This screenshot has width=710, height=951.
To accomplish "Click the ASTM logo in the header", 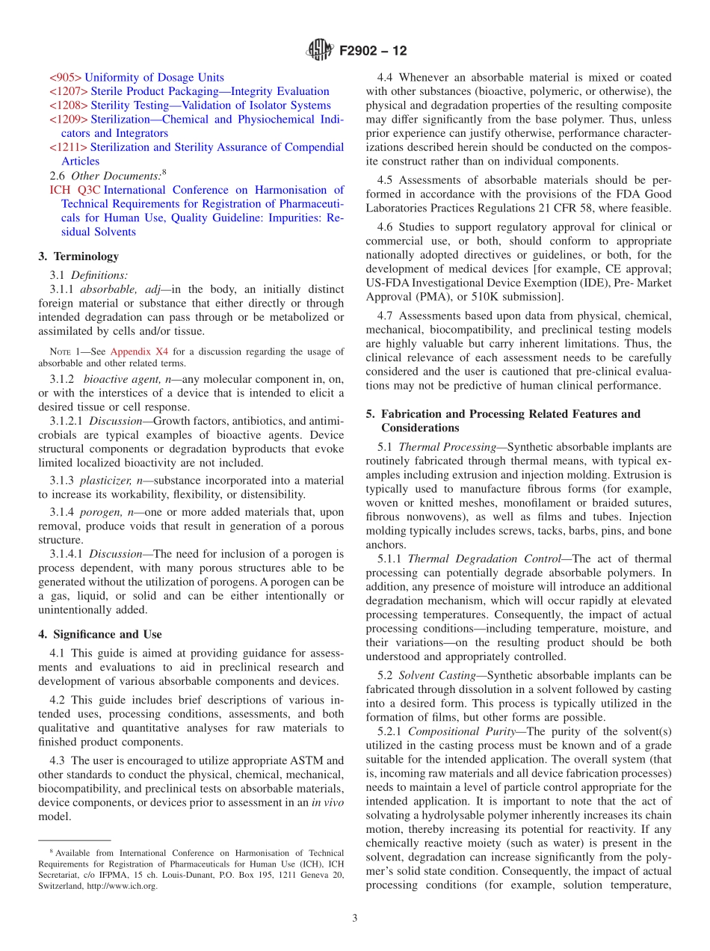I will [x=320, y=51].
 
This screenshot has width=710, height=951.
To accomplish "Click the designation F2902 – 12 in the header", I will [x=373, y=52].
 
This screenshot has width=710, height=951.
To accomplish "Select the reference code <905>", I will [x=65, y=77].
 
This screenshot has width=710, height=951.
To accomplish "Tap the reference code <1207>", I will [x=68, y=91].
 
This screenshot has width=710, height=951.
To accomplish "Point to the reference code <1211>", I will [x=68, y=147].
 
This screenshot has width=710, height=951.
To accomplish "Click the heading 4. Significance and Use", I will [x=99, y=634].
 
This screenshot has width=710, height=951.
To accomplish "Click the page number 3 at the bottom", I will [x=355, y=918].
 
